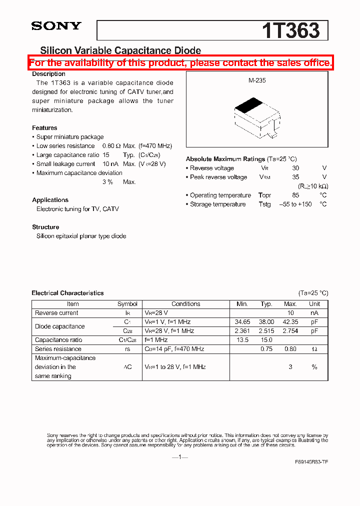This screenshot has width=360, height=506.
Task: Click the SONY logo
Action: (56, 26)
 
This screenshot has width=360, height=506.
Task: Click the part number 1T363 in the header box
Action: (290, 31)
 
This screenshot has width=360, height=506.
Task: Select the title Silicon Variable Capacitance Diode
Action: (120, 50)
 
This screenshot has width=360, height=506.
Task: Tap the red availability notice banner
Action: (180, 63)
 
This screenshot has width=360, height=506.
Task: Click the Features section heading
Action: (44, 128)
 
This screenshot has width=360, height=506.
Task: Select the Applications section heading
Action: (50, 200)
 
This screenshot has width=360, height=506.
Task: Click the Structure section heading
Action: (45, 227)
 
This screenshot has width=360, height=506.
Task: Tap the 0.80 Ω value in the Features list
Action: (111, 146)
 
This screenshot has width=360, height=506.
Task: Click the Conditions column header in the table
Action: (185, 304)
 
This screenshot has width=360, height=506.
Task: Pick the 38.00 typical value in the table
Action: (266, 322)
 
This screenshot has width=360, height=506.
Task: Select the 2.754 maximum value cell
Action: (290, 331)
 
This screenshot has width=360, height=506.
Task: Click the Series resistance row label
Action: (58, 349)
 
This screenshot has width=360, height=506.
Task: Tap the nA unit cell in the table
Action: (314, 313)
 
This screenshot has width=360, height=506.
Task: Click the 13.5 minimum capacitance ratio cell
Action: (242, 340)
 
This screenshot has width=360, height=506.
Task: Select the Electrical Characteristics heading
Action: (67, 293)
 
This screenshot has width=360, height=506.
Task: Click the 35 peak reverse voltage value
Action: (295, 177)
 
